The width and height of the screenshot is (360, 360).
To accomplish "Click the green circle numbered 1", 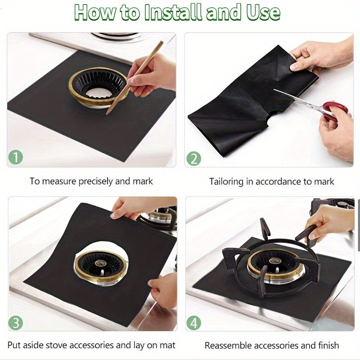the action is coord(16,157).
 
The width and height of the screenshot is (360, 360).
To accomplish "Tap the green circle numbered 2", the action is coord(193,158).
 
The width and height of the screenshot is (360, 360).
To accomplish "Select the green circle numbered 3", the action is coord(16,323).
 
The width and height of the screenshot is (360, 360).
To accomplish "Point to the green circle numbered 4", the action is coord(194,323).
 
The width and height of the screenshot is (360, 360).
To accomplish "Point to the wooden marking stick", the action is coord(134,78).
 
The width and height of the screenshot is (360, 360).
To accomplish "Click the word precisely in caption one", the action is coord(96,181).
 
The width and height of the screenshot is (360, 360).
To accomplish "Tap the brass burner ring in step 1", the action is coord(98,87).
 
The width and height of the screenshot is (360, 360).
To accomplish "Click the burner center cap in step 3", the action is coord(100,263).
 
